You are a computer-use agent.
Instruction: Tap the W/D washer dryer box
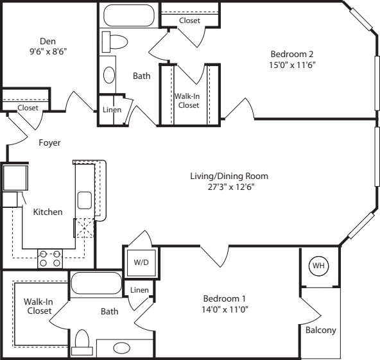[140, 262]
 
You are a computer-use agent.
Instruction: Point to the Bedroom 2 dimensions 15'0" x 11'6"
[292, 64]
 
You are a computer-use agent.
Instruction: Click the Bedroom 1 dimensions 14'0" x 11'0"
[225, 309]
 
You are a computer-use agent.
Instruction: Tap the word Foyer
[49, 142]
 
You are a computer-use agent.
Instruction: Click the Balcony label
[320, 330]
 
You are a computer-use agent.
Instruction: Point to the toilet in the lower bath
[82, 342]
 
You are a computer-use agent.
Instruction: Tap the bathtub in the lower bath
[96, 283]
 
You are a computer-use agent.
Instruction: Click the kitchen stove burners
[51, 258]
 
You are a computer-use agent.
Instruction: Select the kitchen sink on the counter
[85, 200]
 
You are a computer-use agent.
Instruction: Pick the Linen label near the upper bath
[112, 110]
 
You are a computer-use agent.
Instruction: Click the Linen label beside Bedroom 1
[139, 290]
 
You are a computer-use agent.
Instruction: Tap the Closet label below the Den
[28, 108]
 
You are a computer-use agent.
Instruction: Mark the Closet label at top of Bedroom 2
[189, 21]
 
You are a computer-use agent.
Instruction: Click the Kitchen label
[47, 212]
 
